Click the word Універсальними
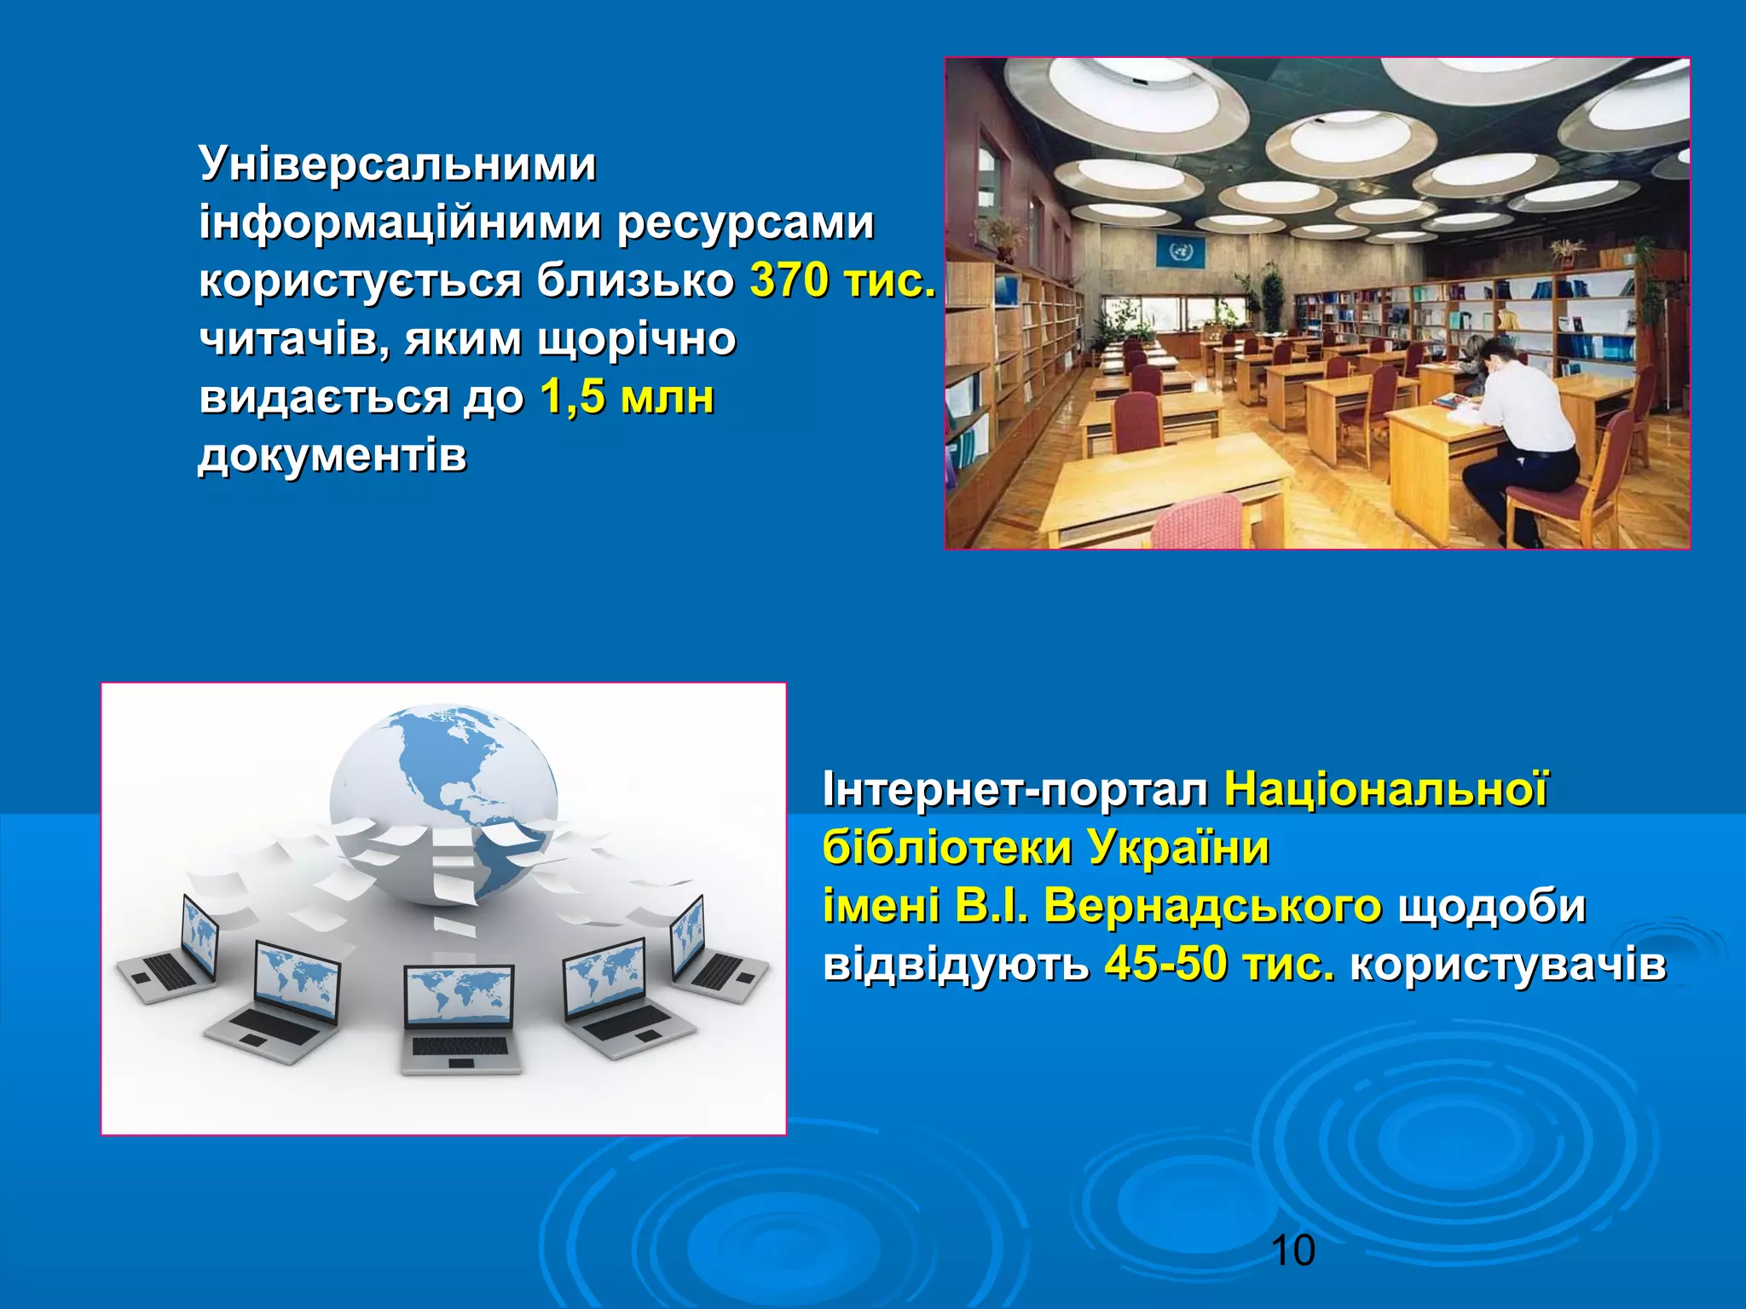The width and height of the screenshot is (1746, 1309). (x=397, y=164)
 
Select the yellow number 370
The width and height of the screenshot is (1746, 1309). (x=788, y=280)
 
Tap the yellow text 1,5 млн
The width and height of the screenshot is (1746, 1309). (x=627, y=397)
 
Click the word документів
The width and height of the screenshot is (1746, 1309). (x=332, y=456)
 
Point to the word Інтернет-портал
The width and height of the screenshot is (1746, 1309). (x=1015, y=789)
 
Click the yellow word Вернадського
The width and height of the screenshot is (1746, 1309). (x=1211, y=905)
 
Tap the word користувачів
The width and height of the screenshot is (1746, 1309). (x=1507, y=964)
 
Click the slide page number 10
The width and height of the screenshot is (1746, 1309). (x=1292, y=1251)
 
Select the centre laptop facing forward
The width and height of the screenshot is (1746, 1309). (x=460, y=1018)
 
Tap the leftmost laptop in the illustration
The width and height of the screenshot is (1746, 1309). (x=171, y=950)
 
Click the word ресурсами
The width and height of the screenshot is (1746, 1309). (x=745, y=222)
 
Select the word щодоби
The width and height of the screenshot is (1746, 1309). (x=1491, y=905)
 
